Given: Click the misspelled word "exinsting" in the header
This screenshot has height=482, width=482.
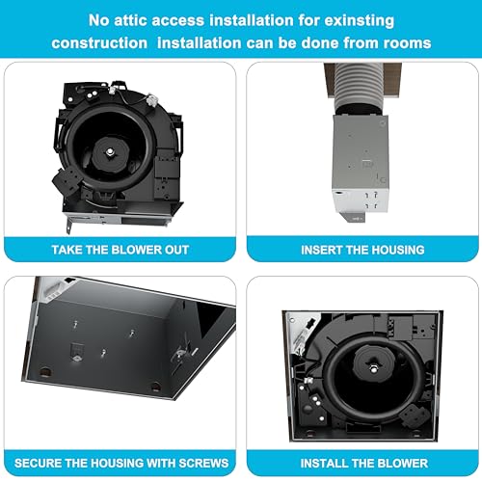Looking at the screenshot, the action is [360, 21].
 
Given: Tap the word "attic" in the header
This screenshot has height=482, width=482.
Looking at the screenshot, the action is [130, 20].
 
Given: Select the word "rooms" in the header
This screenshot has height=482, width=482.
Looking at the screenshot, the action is [407, 43].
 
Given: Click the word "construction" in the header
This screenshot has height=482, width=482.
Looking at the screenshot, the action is [99, 43].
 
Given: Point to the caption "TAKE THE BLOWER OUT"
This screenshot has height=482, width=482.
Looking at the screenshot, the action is [120, 250].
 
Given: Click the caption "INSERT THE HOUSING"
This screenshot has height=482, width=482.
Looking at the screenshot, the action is [362, 250].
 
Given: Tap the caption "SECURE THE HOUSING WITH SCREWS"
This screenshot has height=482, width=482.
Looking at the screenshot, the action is [121, 463].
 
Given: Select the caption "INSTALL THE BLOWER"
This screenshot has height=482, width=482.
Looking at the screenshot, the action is [364, 463].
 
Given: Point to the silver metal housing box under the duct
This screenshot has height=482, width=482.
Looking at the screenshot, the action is [361, 164].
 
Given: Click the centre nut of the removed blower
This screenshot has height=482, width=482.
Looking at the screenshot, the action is [110, 150].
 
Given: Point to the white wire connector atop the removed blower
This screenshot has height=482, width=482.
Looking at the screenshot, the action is [151, 100].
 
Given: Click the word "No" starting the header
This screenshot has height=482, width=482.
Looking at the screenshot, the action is [98, 20].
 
